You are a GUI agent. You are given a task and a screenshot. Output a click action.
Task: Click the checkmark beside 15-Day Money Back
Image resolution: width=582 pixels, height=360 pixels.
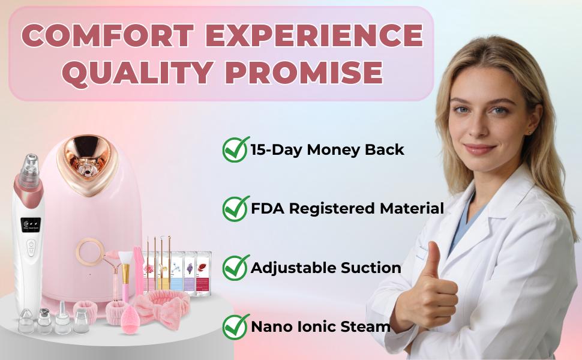[x=235, y=149]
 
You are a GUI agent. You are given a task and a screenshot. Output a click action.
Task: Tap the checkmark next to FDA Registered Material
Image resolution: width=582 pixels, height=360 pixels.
[x=235, y=208]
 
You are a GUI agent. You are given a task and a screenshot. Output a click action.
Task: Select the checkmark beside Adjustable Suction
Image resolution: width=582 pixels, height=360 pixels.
[x=235, y=267]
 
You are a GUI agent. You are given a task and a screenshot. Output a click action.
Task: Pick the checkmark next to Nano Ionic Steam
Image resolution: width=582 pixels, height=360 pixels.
[x=235, y=326]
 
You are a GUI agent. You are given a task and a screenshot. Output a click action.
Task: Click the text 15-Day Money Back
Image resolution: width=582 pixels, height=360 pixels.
[x=328, y=150]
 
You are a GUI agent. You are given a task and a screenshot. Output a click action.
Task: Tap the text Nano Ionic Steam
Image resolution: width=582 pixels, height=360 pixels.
[x=320, y=327]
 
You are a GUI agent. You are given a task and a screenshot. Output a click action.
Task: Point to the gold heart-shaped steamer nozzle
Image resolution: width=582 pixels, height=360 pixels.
[x=86, y=158]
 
